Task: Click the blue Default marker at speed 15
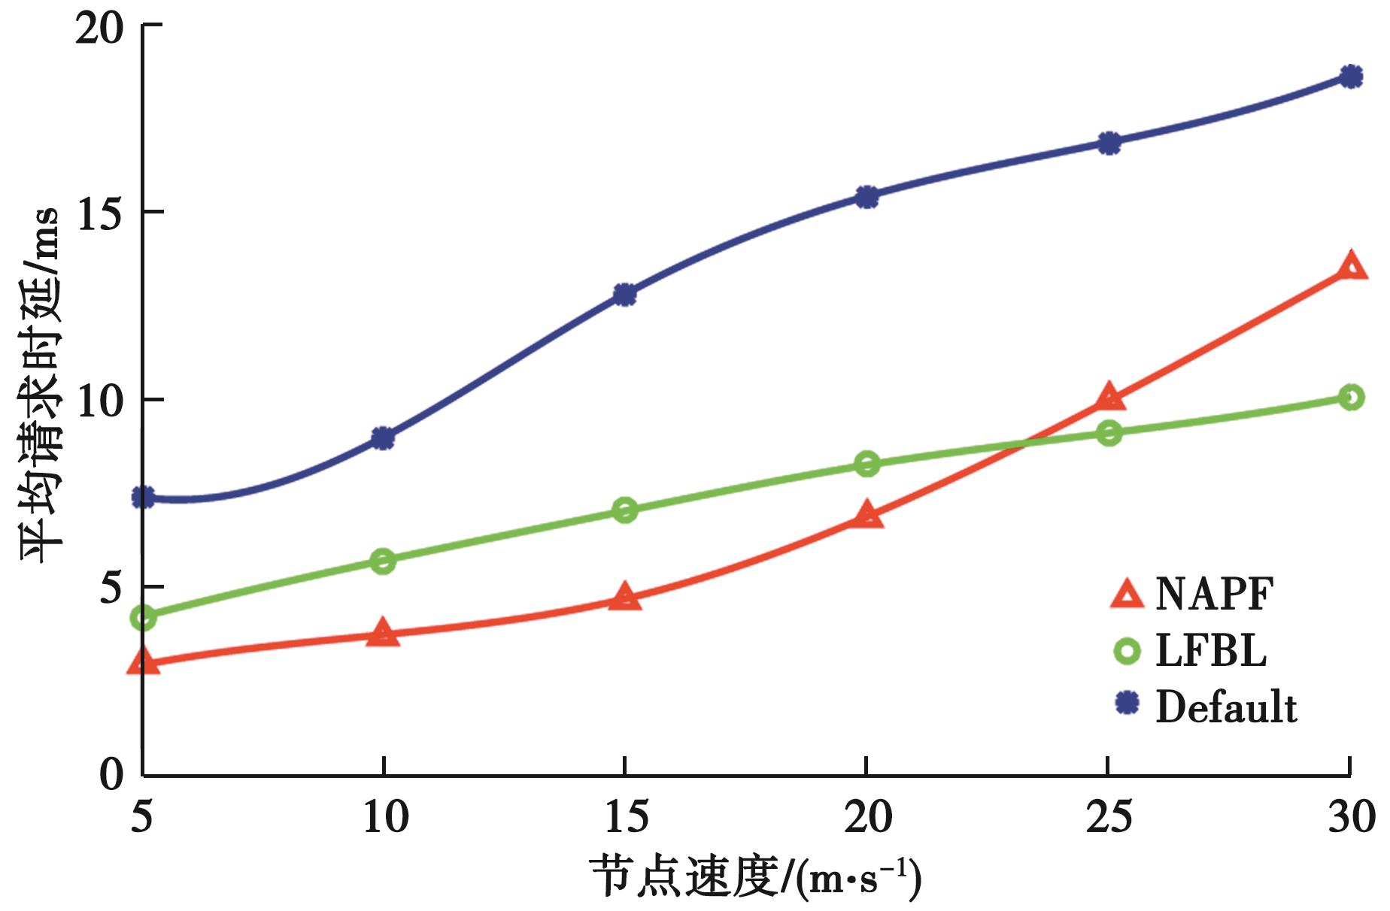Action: [624, 295]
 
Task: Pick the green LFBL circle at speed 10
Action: [383, 561]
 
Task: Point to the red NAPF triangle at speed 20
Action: [866, 515]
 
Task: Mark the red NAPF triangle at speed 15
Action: [624, 598]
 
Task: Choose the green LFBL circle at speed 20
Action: [866, 464]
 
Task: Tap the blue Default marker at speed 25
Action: [1109, 143]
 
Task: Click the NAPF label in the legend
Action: [1214, 594]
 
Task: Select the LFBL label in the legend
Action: [1211, 650]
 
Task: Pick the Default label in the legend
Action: [1226, 707]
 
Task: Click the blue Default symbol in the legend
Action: [1127, 704]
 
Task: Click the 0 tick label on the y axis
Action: [111, 774]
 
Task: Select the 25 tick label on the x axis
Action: [1109, 817]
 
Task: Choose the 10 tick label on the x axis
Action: [384, 817]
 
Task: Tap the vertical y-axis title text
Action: [39, 383]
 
